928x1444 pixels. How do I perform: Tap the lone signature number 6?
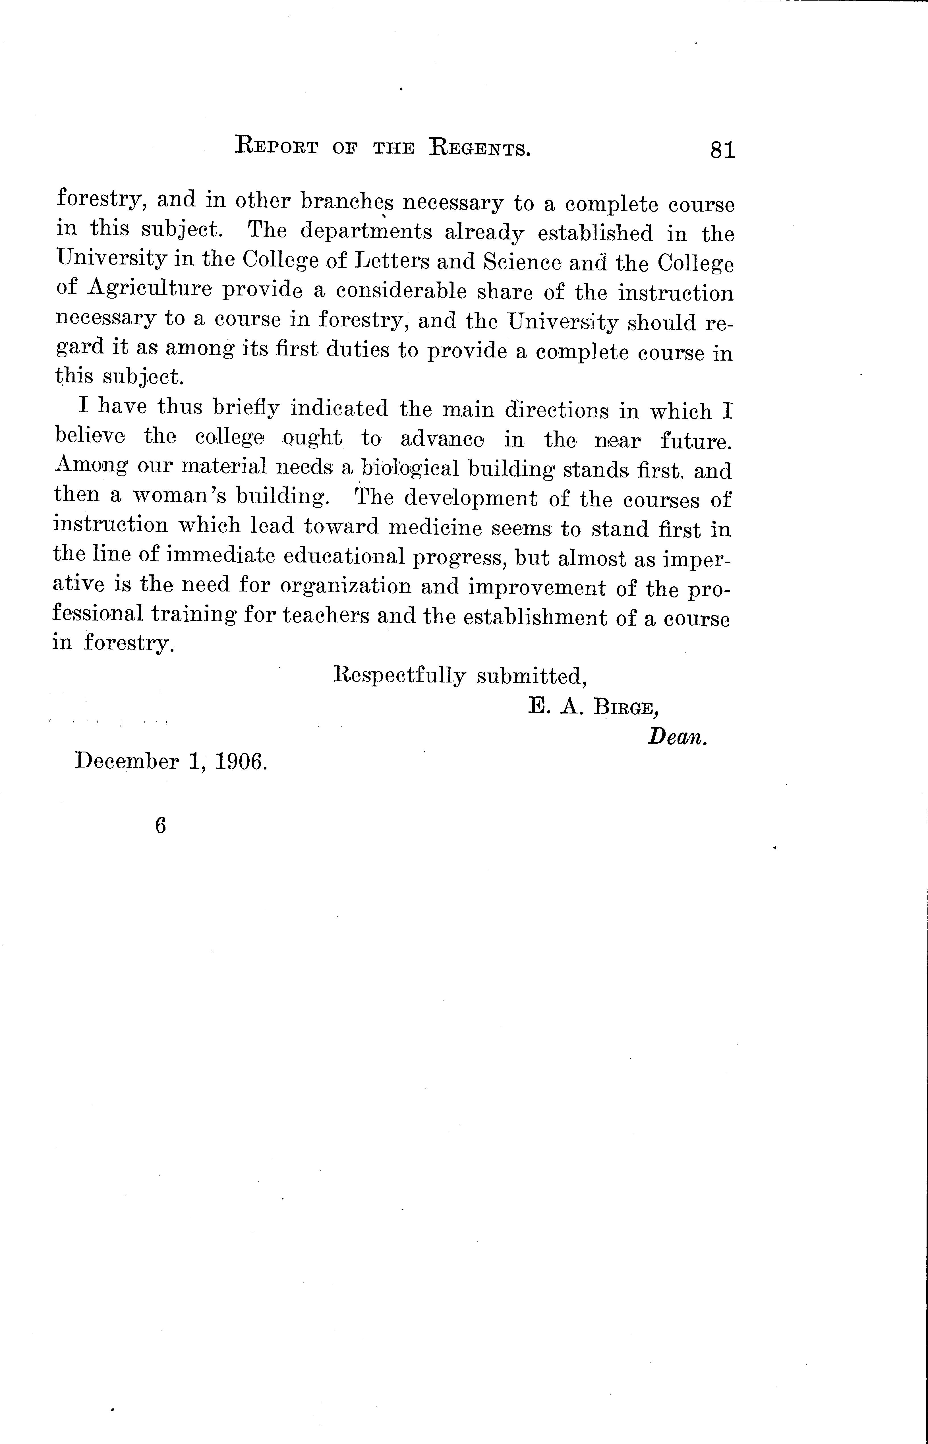click(x=160, y=826)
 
